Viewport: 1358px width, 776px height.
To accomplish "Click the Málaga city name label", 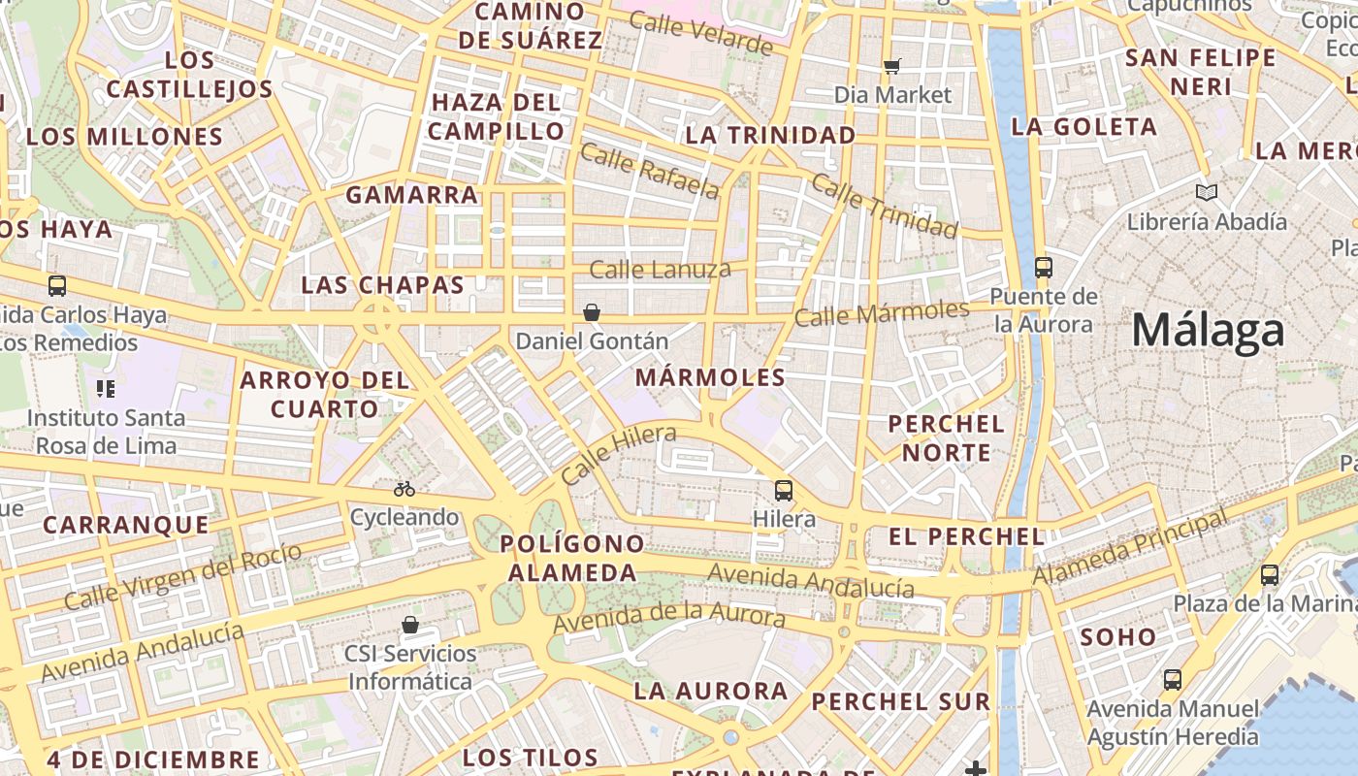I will coord(1208,332).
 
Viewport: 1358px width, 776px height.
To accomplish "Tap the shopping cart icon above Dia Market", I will coord(892,67).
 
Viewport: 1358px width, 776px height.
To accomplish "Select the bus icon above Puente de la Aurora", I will coord(1044,267).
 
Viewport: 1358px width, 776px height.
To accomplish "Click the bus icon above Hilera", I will coord(784,491).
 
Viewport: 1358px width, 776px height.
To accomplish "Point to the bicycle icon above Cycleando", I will coord(404,489).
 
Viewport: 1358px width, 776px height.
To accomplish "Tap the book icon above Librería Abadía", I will coord(1207,193).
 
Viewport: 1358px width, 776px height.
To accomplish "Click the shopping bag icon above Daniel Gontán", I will coord(592,312).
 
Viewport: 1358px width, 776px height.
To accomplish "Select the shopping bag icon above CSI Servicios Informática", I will coord(410,624).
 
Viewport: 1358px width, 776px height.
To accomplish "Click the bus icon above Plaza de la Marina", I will coord(1270,575).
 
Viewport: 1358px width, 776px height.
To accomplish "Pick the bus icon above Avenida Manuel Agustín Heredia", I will coord(1173,680).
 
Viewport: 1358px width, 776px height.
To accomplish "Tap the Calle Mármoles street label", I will coord(881,313).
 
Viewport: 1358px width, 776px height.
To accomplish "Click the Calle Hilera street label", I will coord(618,456).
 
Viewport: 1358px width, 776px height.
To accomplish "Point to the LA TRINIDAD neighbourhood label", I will coord(770,135).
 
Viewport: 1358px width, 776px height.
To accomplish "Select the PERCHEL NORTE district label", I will coord(946,438).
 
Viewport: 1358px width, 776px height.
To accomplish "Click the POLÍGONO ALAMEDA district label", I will coord(572,558).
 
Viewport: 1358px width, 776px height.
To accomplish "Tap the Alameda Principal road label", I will coord(1130,550).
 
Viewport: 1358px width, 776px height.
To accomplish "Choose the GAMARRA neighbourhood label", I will coord(412,195).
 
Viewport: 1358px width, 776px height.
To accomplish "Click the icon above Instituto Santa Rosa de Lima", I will coord(106,389).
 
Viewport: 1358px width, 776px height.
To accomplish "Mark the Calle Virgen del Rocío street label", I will coord(182,578).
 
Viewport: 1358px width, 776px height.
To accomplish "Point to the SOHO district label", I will coord(1118,637).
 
